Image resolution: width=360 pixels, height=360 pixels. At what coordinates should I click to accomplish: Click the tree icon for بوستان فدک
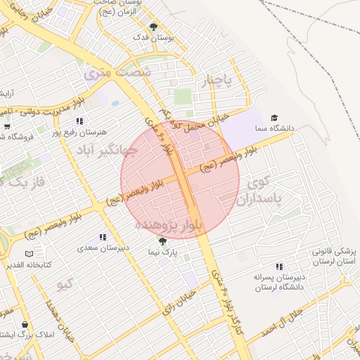(x=153, y=27)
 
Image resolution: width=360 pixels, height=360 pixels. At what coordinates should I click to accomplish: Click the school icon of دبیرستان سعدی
(x=103, y=238)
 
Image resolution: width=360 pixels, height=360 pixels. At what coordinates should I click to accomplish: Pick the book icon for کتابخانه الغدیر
(x=29, y=254)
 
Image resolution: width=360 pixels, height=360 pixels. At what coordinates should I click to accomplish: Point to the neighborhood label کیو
(x=65, y=283)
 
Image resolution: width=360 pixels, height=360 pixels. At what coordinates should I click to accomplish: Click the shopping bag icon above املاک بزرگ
(x=25, y=324)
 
